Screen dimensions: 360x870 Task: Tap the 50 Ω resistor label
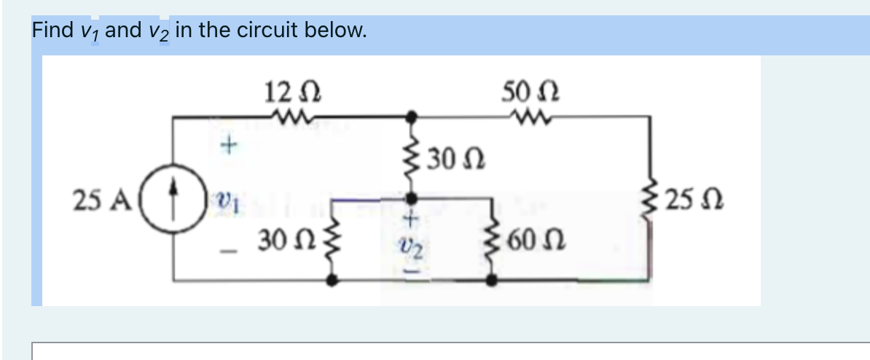click(521, 93)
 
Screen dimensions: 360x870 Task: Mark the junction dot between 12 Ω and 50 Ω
click(411, 115)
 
